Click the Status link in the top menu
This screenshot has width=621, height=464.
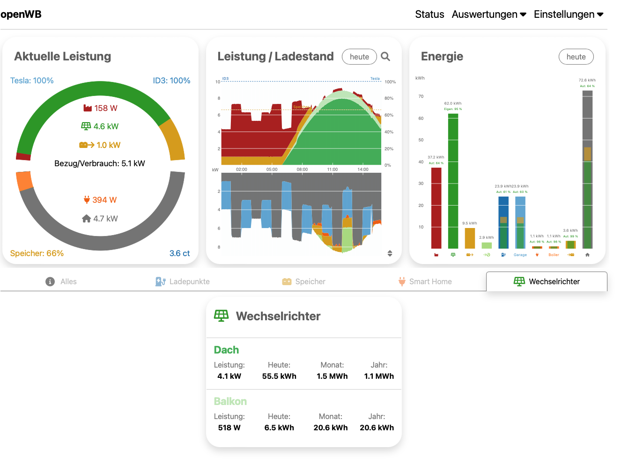(429, 15)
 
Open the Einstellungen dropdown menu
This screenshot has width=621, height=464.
(568, 15)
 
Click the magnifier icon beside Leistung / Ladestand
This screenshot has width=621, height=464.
(385, 57)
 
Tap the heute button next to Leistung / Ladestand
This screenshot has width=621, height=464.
(359, 57)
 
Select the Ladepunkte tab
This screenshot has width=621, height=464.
(183, 281)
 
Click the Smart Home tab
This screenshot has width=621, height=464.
(425, 281)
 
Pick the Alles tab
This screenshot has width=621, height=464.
(61, 281)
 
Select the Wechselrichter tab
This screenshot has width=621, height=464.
(547, 281)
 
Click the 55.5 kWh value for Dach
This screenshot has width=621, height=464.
(279, 376)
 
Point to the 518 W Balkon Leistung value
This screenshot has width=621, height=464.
(229, 427)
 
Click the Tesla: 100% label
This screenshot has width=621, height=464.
(32, 81)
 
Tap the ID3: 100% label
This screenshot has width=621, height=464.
(171, 81)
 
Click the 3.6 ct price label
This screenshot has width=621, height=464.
(179, 253)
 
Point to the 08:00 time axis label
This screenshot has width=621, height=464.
(302, 169)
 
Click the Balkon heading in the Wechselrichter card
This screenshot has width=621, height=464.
(230, 401)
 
